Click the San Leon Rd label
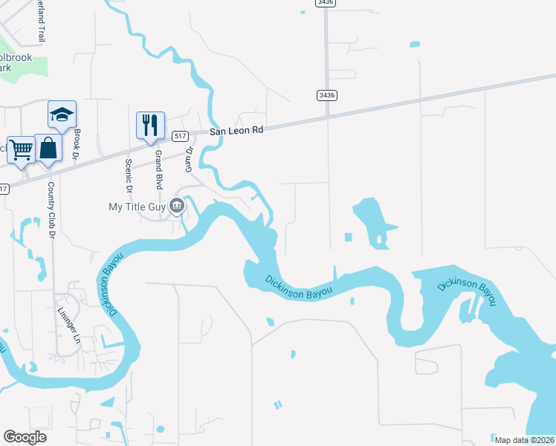(236, 130)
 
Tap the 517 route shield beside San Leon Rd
(179, 136)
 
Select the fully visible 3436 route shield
(326, 94)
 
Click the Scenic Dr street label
(128, 174)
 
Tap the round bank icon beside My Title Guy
(177, 205)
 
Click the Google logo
(25, 436)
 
